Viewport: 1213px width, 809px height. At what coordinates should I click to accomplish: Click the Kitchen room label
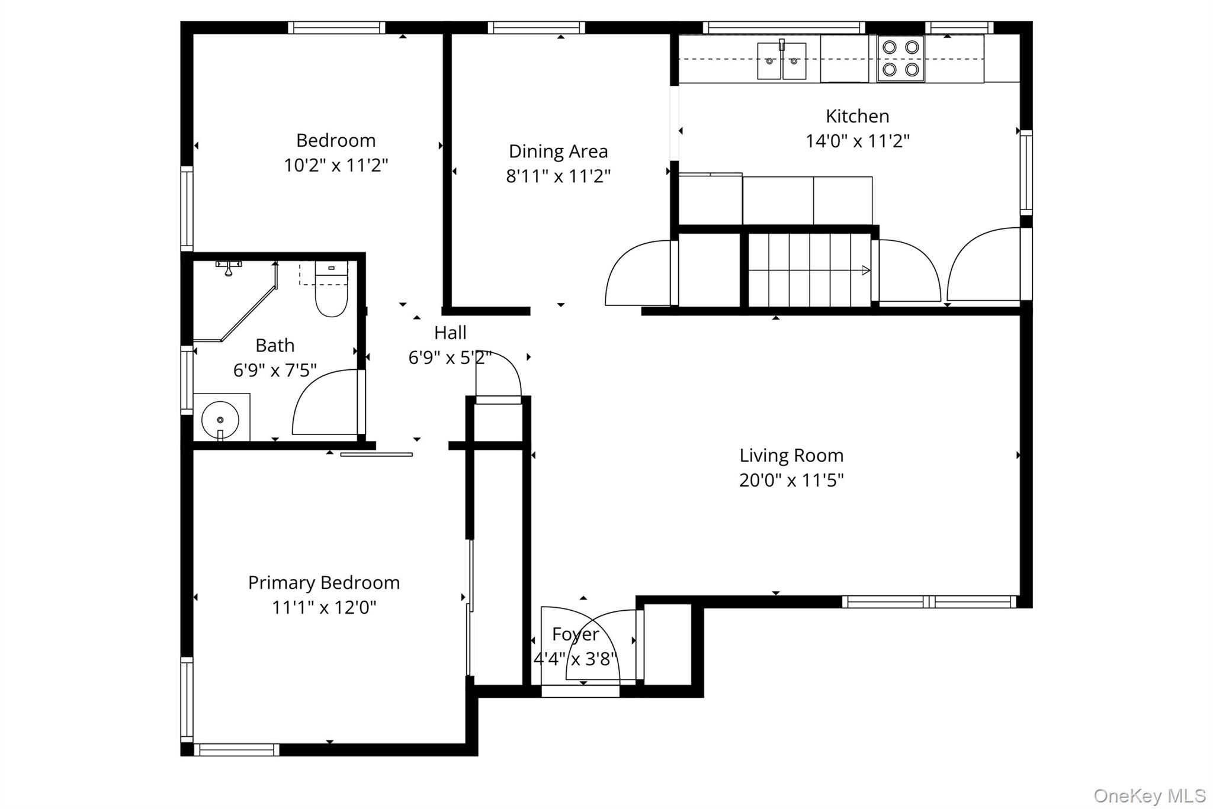(x=857, y=116)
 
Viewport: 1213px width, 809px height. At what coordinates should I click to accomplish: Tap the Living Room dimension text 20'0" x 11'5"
(x=791, y=480)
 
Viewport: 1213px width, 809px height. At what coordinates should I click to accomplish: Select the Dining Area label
(x=558, y=152)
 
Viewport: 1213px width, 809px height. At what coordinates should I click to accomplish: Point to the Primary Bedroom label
(x=324, y=583)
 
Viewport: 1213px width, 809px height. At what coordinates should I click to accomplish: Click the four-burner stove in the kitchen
(x=900, y=59)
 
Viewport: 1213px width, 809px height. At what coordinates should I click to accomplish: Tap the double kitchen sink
(x=782, y=60)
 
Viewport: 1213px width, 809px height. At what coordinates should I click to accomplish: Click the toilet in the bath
(x=330, y=289)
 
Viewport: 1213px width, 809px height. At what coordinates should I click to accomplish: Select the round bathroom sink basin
(x=220, y=420)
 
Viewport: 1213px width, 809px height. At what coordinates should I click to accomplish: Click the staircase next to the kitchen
(x=810, y=270)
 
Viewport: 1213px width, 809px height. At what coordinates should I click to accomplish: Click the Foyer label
(x=575, y=634)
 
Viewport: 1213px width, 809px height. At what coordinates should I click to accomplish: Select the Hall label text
(x=450, y=333)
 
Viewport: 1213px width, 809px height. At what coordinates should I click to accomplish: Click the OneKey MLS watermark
(x=1149, y=795)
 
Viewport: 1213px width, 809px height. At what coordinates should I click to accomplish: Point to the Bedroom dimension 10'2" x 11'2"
(x=336, y=165)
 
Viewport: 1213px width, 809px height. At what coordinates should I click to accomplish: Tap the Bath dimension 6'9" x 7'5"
(x=275, y=370)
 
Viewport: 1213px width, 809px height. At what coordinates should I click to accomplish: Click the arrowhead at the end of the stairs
(x=866, y=270)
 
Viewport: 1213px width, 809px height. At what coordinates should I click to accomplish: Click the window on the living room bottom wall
(x=929, y=602)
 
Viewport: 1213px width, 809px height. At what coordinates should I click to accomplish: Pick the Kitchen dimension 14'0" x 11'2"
(x=857, y=141)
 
